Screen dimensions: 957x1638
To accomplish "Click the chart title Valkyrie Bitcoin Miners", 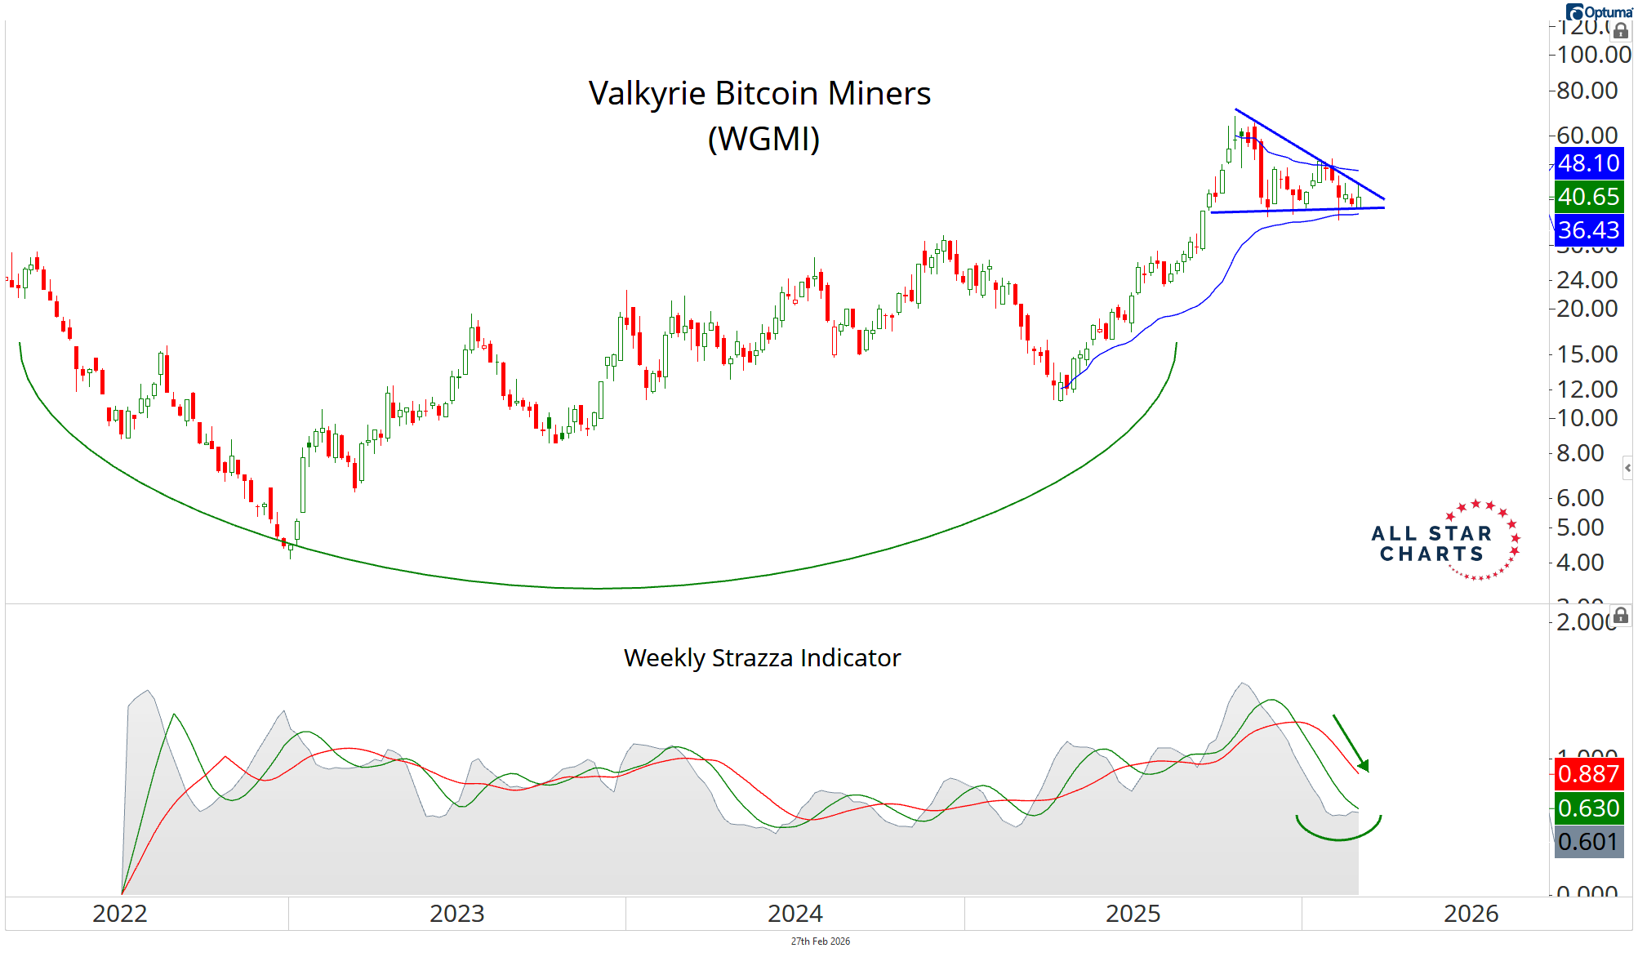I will (x=759, y=94).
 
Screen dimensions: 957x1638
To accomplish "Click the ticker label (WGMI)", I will (x=763, y=139).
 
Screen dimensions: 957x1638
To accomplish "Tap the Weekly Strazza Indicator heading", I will (x=762, y=658).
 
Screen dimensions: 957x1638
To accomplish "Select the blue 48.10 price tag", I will (x=1588, y=163).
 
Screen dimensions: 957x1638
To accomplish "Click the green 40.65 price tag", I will (x=1588, y=197).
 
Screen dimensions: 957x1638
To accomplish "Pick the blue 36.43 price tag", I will (x=1588, y=230).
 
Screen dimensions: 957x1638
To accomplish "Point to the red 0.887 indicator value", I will (x=1588, y=774).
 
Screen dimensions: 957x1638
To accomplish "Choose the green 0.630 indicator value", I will (x=1588, y=808).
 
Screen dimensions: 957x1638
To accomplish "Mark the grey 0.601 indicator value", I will (x=1588, y=842).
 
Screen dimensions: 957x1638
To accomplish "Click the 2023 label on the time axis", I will (x=457, y=914).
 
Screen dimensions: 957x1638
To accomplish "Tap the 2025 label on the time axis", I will (x=1133, y=914).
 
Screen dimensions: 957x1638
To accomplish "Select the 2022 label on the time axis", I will (x=120, y=914).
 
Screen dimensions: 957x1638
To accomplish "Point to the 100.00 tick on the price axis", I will (x=1593, y=55).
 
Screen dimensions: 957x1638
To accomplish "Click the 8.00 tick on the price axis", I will (x=1580, y=453).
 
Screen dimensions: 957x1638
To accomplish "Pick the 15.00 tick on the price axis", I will (x=1587, y=354).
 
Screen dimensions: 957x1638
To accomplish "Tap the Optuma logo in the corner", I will (x=1599, y=11).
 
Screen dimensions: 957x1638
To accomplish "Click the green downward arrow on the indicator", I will (x=1351, y=743).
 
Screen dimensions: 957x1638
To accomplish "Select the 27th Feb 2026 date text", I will (x=820, y=941).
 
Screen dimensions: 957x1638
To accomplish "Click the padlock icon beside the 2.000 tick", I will (x=1621, y=616).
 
